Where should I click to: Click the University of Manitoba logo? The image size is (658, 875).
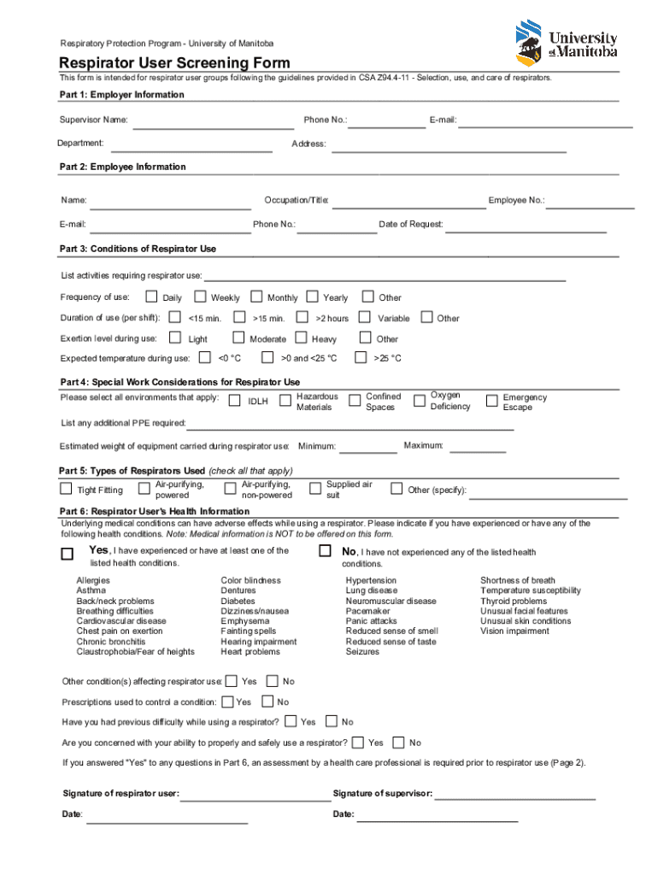click(566, 44)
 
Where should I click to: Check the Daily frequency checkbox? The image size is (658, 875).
click(151, 297)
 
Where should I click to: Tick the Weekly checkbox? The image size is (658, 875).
click(200, 297)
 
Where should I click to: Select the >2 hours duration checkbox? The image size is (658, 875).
click(304, 317)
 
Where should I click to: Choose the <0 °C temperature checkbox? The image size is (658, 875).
click(205, 357)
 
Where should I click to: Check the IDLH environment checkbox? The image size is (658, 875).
click(234, 400)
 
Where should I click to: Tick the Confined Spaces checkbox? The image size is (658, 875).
click(355, 400)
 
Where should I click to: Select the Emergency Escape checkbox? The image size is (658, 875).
click(491, 400)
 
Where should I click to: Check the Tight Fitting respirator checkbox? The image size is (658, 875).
click(66, 489)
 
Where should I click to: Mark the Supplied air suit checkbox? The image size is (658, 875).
click(314, 488)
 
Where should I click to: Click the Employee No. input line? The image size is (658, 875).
click(590, 206)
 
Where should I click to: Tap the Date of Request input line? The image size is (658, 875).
click(525, 230)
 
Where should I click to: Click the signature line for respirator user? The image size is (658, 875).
click(254, 799)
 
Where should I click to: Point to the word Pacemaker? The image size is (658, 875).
click(367, 611)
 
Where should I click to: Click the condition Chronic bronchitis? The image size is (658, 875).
click(110, 642)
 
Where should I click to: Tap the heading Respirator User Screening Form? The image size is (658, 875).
click(174, 62)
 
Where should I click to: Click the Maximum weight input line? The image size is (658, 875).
click(478, 450)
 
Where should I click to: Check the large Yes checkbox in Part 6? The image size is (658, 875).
click(67, 554)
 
